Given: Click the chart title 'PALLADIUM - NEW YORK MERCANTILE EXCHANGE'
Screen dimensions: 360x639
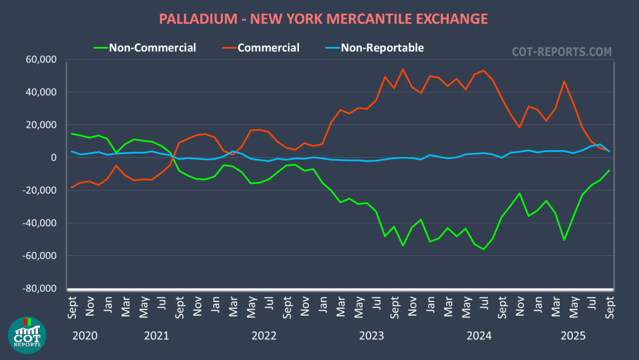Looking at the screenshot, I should point(323,19).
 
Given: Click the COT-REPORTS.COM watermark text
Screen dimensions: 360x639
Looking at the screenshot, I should point(562,52).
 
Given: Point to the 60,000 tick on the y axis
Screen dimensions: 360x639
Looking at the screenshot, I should point(41,60).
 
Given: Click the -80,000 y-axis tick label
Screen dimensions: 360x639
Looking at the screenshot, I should point(39,289).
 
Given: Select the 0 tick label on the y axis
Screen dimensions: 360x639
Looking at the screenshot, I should point(54,158).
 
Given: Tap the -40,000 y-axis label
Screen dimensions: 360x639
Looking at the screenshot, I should point(39,223).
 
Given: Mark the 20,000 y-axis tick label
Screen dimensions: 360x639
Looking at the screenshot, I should point(41,125).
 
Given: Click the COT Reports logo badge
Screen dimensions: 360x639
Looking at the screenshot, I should point(27,335).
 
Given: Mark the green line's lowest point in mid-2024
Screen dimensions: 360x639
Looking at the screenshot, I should point(484,249).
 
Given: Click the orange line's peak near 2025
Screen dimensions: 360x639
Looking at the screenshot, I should point(564,81).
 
